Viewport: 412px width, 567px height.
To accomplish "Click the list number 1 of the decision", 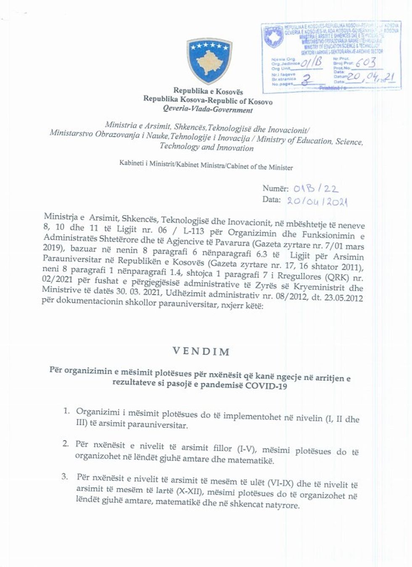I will click(x=66, y=411).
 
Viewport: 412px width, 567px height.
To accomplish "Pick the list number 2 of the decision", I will click(x=66, y=443).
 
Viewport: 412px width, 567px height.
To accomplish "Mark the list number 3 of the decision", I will click(x=65, y=477).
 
